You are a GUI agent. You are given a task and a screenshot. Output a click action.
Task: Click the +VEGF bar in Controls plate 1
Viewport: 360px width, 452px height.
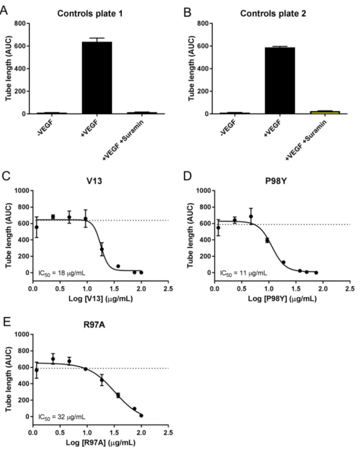(97, 78)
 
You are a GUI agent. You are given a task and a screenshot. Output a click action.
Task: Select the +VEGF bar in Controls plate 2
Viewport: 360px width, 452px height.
(280, 81)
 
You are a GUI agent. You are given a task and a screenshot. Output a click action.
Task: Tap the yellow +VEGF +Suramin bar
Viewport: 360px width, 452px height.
(325, 112)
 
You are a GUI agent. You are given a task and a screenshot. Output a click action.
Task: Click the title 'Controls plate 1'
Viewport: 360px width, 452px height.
(90, 14)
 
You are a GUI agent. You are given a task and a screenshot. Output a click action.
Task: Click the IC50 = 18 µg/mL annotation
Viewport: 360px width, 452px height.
(62, 273)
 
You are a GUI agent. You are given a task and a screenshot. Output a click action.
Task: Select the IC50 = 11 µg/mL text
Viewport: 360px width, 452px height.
(244, 273)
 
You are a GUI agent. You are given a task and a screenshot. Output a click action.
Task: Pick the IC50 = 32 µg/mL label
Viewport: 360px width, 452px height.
(62, 417)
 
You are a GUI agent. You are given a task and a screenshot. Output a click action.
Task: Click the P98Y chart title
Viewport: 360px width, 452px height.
(276, 181)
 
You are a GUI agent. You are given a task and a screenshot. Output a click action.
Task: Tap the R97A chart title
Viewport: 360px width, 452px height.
(94, 325)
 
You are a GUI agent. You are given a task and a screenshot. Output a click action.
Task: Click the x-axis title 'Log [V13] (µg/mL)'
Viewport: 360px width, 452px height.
(100, 299)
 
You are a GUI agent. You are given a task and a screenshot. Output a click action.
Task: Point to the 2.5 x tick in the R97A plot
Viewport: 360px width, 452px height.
(168, 433)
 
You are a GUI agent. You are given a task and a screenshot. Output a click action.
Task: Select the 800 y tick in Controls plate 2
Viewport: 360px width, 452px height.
(203, 23)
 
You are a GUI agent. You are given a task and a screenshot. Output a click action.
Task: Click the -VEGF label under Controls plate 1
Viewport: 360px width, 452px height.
(45, 128)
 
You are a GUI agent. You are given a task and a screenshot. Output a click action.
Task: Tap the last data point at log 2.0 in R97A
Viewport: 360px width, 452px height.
(141, 415)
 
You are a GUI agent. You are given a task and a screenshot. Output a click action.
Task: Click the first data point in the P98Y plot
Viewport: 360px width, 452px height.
(218, 228)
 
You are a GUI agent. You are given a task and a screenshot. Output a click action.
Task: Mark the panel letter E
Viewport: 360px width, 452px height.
(6, 322)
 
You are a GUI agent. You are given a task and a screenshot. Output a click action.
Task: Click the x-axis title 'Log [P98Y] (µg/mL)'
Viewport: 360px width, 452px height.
(282, 299)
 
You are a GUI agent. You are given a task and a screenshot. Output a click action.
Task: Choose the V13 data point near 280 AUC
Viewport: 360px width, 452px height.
(101, 250)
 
